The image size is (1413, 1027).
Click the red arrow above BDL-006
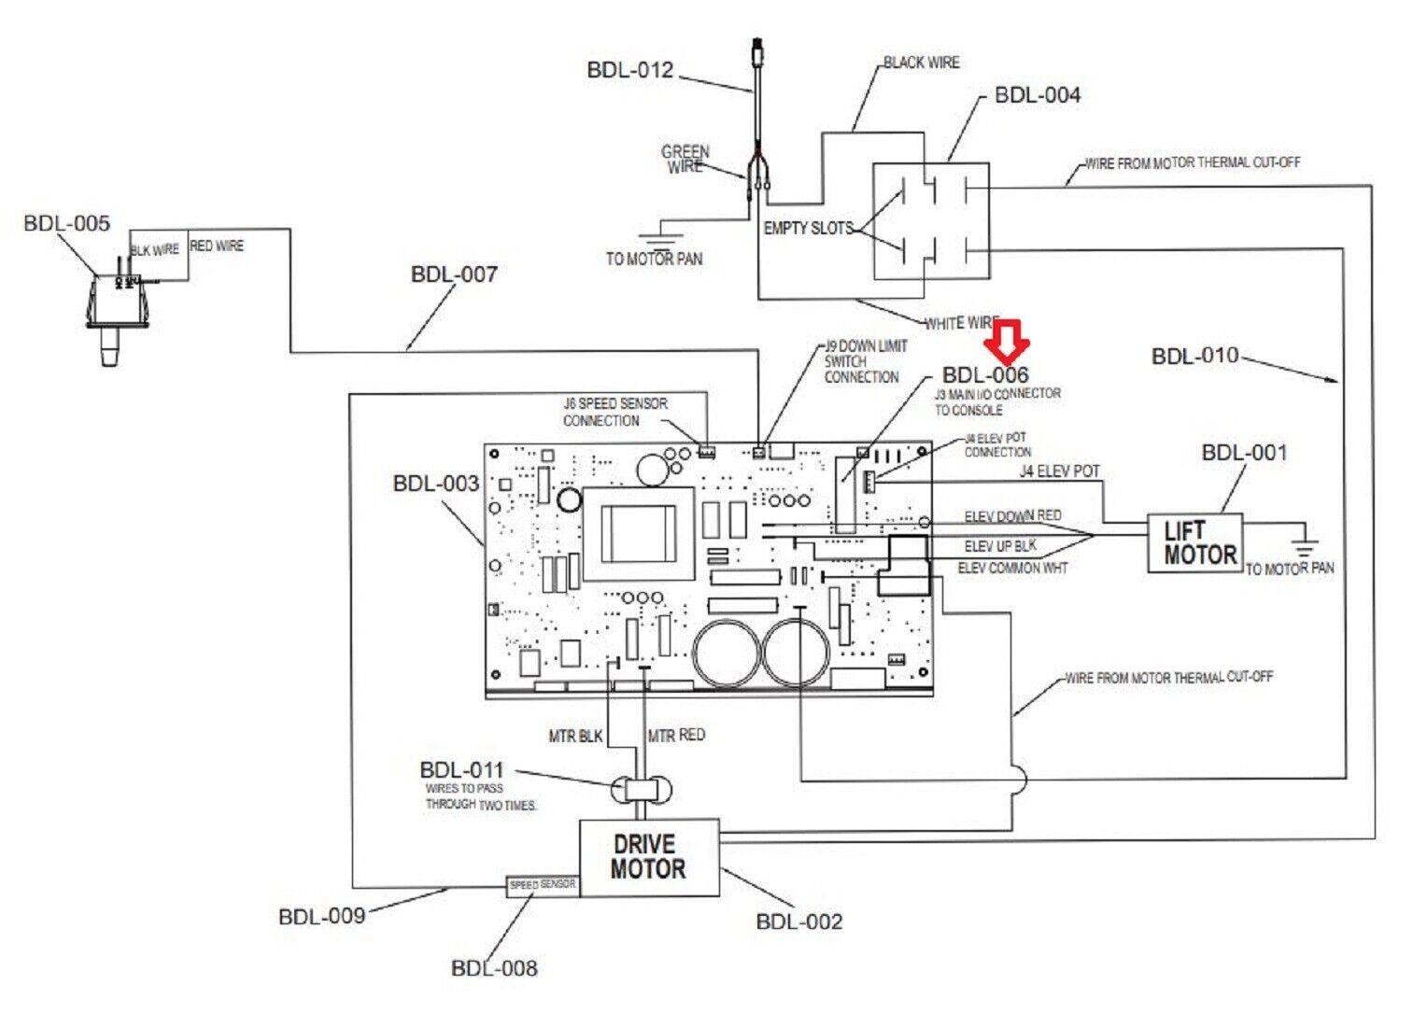click(x=1010, y=341)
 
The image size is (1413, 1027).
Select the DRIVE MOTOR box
click(x=649, y=857)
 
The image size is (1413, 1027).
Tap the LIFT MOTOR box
click(x=1195, y=543)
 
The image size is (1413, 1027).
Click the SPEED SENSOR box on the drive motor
click(x=543, y=885)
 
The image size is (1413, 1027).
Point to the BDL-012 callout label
click(x=630, y=71)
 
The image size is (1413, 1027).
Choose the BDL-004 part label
click(x=1038, y=95)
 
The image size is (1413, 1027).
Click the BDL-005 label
click(x=67, y=224)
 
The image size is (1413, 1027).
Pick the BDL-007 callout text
click(x=455, y=274)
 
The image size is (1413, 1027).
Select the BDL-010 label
click(x=1195, y=356)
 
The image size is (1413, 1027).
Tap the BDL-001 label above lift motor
click(x=1245, y=453)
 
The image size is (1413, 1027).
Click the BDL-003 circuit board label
click(x=436, y=484)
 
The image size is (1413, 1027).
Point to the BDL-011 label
click(x=462, y=770)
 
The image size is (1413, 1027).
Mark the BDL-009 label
click(x=322, y=917)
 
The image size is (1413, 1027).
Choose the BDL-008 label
click(x=495, y=968)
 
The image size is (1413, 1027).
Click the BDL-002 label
click(x=799, y=922)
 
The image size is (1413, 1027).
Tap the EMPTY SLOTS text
click(x=808, y=228)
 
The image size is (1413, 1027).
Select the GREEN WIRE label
click(x=685, y=159)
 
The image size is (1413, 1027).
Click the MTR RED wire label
click(x=677, y=736)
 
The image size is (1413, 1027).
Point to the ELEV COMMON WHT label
click(x=1012, y=568)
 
